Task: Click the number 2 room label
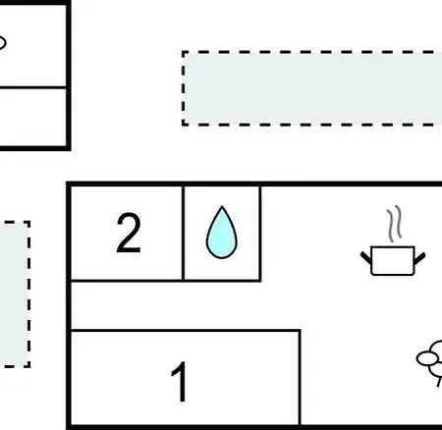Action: [129, 233]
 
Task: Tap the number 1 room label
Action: [180, 382]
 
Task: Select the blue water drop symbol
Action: [222, 233]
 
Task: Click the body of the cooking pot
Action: [393, 261]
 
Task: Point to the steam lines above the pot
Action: [394, 224]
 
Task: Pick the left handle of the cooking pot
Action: [366, 257]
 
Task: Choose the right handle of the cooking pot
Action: [419, 258]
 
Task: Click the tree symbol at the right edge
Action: [429, 362]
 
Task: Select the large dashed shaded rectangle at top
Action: [312, 88]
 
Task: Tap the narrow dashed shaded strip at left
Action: [15, 295]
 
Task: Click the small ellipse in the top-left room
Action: [1, 43]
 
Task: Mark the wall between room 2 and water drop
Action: [183, 233]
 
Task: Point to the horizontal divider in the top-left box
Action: [32, 87]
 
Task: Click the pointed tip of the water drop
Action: [222, 206]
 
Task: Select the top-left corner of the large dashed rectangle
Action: [184, 52]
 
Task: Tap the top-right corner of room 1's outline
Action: [300, 331]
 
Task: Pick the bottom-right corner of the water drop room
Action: [260, 280]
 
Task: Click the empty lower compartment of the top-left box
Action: [32, 117]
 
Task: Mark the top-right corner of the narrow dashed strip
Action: [28, 223]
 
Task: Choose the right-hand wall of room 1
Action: [300, 378]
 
